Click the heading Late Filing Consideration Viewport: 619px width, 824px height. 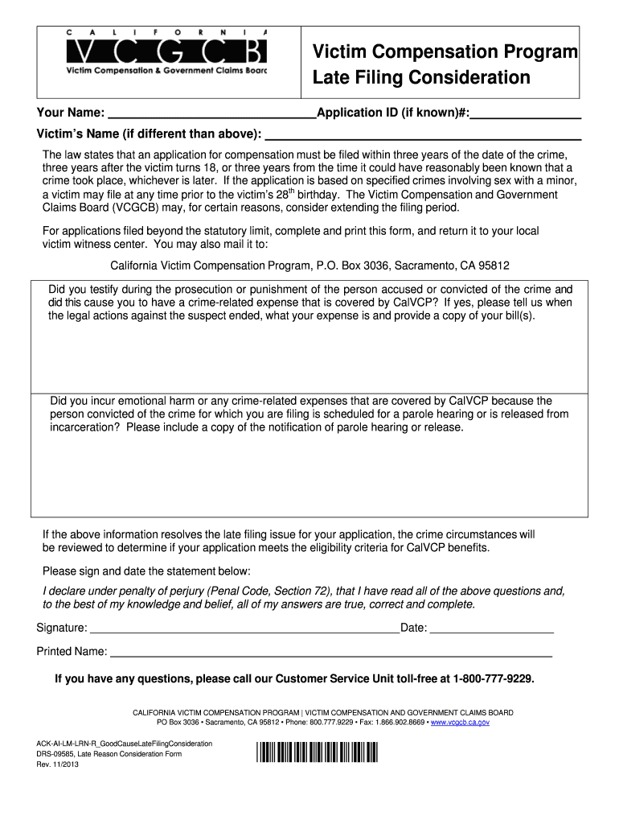[421, 78]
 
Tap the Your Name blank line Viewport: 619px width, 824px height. [211, 113]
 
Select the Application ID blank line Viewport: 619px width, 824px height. [525, 113]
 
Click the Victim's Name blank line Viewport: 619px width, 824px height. [423, 134]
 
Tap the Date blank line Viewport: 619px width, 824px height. [492, 628]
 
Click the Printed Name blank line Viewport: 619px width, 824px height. [330, 651]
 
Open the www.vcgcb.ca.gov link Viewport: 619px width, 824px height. [460, 723]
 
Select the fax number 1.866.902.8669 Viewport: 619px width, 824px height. [398, 723]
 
